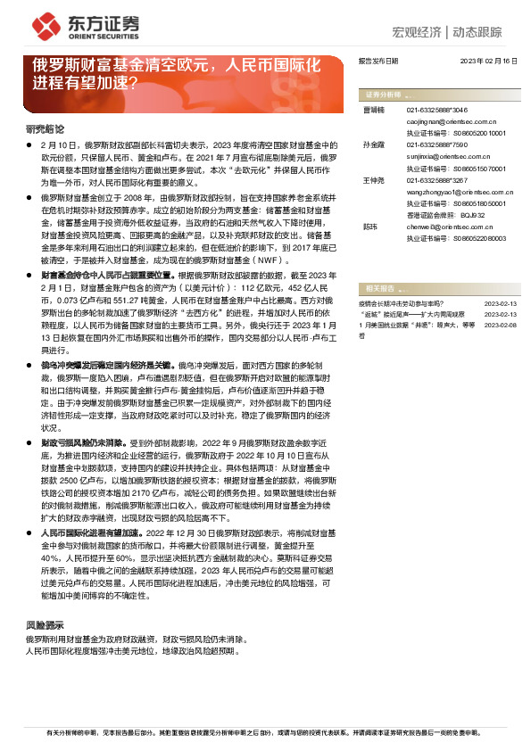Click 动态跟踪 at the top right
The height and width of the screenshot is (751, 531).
pos(477,32)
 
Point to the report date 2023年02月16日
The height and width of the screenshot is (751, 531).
pos(488,61)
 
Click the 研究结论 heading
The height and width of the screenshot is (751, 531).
pos(44,128)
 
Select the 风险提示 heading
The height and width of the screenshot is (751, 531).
pos(44,626)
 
